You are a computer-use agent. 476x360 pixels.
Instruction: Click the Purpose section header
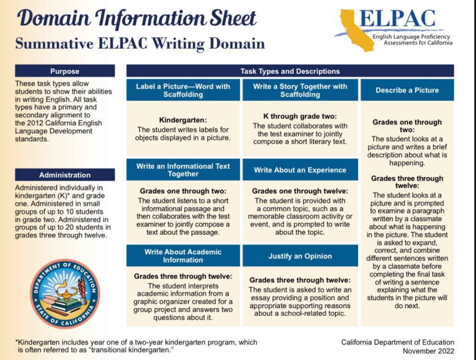(65, 71)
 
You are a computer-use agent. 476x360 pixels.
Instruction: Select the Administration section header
(65, 175)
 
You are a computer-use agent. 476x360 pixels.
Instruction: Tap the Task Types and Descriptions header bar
(290, 71)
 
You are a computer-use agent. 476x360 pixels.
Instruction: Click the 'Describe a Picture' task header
(407, 90)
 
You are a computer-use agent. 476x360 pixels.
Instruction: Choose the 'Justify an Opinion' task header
(300, 256)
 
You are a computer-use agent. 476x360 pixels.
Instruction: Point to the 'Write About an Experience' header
(300, 170)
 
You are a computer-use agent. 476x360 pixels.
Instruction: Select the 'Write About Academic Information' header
(183, 256)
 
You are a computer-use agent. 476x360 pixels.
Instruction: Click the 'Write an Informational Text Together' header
(183, 170)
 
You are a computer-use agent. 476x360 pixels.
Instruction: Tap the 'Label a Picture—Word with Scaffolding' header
(183, 90)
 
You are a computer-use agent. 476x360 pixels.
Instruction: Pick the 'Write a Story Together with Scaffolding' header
(300, 90)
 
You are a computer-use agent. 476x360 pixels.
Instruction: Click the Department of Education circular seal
(65, 293)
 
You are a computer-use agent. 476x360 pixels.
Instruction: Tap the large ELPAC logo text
(397, 19)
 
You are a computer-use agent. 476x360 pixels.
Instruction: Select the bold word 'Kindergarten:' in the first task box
(183, 120)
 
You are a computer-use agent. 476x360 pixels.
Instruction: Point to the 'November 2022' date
(428, 351)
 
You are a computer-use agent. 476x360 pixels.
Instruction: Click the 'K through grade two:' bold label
(300, 117)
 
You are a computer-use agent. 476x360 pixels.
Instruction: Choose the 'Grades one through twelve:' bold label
(300, 191)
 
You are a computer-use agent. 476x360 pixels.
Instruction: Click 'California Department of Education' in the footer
(397, 342)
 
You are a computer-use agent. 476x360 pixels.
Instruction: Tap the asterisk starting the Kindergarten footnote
(17, 342)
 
